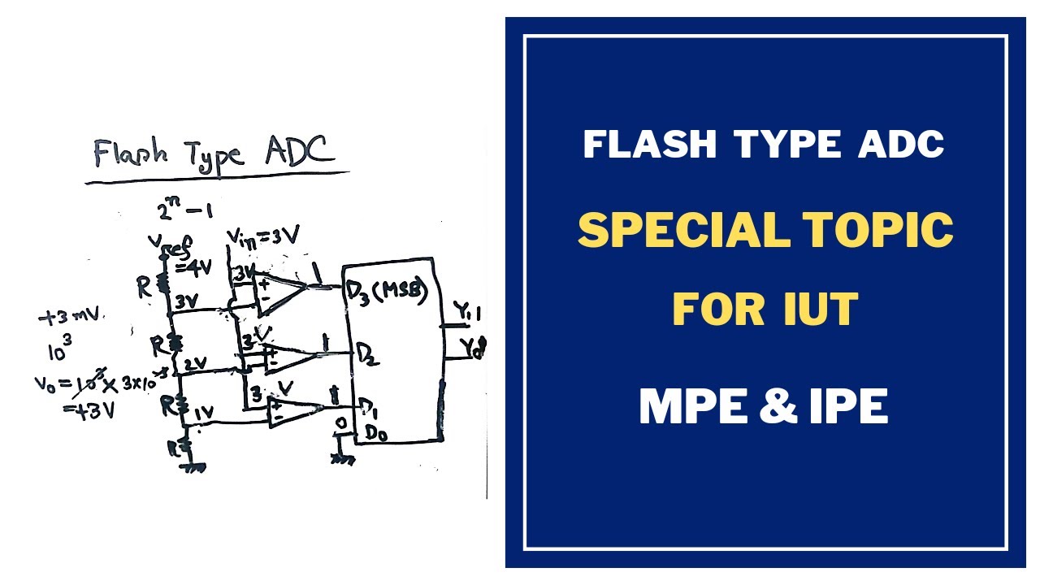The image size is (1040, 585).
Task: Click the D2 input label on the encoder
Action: pyautogui.click(x=367, y=354)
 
